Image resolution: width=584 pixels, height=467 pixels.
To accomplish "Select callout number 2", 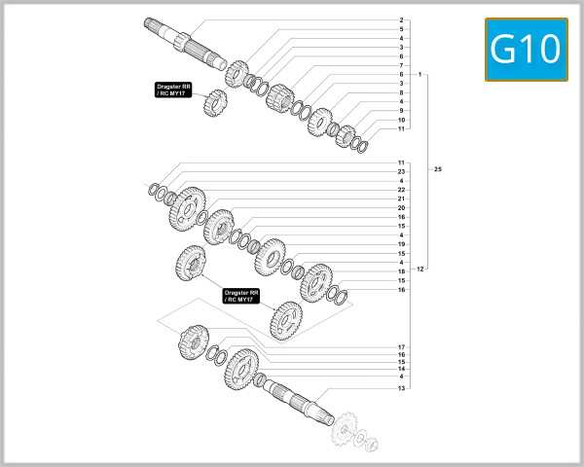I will click(x=401, y=20).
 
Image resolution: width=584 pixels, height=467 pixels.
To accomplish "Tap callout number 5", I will click(x=401, y=29).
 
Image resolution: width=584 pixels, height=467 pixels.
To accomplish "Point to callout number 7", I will click(x=401, y=65).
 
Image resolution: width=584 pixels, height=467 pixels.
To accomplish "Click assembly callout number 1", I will click(x=420, y=75).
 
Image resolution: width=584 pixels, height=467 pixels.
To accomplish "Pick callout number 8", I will click(x=401, y=92).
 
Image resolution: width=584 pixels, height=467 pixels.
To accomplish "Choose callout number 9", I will click(x=401, y=111).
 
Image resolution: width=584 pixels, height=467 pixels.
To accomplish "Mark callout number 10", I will click(x=401, y=120).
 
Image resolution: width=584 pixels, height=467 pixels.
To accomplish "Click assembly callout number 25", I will click(x=437, y=170).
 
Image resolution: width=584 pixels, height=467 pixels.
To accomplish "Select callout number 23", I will click(x=401, y=171).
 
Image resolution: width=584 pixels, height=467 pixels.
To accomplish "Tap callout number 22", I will click(x=401, y=190).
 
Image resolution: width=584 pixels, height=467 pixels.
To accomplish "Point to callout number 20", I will click(x=401, y=207).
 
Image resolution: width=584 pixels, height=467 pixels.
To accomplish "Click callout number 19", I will click(x=401, y=243).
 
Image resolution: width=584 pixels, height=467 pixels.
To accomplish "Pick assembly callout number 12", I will click(x=420, y=269).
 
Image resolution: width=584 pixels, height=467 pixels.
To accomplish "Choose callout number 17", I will click(x=401, y=347).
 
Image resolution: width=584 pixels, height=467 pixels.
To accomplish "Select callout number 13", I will click(x=401, y=388).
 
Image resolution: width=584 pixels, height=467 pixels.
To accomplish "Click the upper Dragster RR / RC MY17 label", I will click(x=174, y=90).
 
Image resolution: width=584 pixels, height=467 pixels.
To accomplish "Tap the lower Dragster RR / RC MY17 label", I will click(x=241, y=296).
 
